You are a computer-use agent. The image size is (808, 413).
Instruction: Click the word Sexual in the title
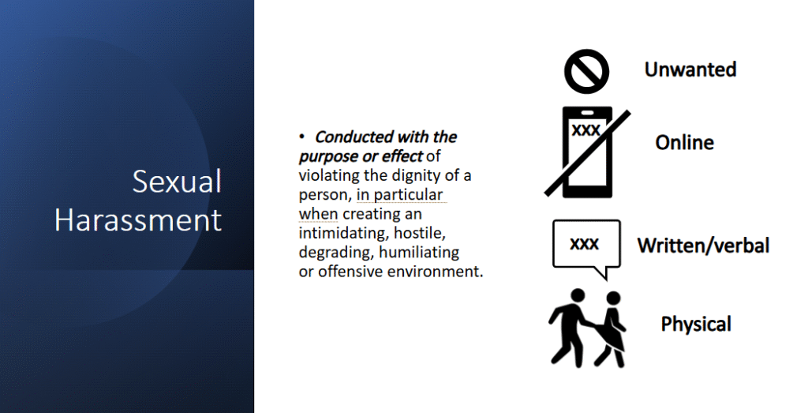pos(177,181)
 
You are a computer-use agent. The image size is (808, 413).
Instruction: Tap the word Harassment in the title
pos(138,220)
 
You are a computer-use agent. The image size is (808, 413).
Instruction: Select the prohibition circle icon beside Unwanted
pos(586,71)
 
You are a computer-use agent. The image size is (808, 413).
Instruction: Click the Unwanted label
pos(690,69)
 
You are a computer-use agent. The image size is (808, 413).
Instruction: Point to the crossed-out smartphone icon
pos(587,152)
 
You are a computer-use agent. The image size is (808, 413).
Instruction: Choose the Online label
pos(684,142)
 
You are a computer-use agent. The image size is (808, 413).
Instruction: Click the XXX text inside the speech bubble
pos(585,243)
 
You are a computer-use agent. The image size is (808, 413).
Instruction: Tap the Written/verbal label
pos(703,246)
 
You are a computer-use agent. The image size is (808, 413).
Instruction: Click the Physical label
pos(696,324)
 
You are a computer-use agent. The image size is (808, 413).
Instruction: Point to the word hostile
pos(420,233)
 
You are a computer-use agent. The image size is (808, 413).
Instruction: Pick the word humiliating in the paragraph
pos(419,252)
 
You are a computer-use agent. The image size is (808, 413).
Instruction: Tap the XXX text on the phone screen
pos(586,130)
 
